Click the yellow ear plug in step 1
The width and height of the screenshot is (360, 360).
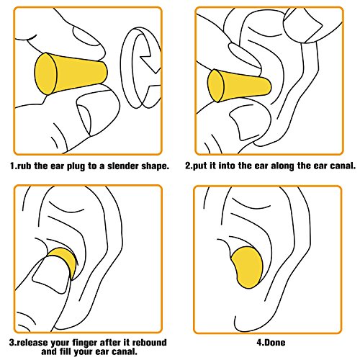[x=70, y=73]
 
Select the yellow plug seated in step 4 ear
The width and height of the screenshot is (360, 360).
[x=246, y=267]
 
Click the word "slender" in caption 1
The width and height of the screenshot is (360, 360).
[x=122, y=166]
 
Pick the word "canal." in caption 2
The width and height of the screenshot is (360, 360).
[x=343, y=166]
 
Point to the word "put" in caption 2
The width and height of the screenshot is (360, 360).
[x=200, y=166]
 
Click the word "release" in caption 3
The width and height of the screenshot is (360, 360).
[x=32, y=343]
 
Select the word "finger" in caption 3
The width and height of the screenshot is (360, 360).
[x=85, y=343]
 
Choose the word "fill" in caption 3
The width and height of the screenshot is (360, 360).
[x=67, y=352]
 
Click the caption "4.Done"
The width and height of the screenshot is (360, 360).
[x=271, y=343]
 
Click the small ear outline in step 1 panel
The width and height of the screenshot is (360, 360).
[x=140, y=68]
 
